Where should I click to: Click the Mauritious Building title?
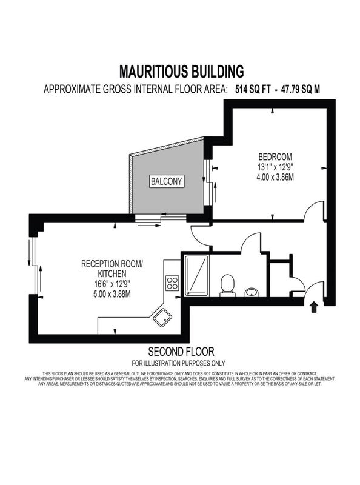pos(182,72)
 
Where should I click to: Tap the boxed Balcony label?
pos(167,181)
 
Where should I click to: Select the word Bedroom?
pos(275,156)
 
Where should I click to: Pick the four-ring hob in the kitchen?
pos(172,283)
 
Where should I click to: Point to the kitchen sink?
pos(162,318)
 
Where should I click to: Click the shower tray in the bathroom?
pos(196,275)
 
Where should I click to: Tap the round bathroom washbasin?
pos(252,292)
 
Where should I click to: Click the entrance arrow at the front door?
pos(314,307)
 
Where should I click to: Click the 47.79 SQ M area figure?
pos(300,89)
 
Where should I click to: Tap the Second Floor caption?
pos(181,352)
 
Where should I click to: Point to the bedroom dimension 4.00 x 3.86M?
pos(275,178)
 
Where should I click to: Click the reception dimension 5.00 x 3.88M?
pos(112,293)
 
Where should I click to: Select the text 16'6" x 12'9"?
pos(112,284)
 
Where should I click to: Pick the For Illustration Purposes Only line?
pos(178,363)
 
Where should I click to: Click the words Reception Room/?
pos(112,264)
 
